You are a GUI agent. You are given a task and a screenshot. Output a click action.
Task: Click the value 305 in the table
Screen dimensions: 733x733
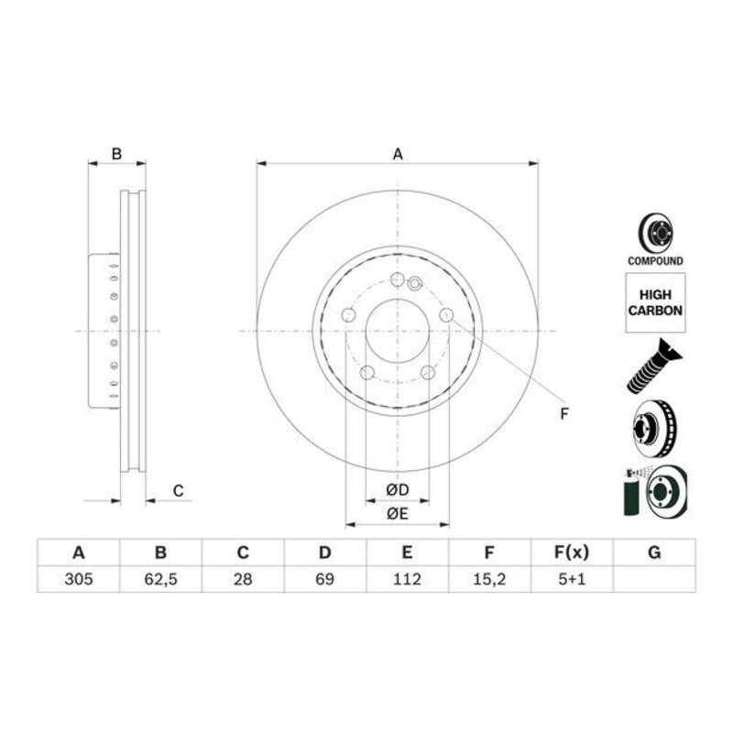78,579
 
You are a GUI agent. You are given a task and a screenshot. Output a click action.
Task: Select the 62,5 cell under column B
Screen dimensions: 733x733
160,579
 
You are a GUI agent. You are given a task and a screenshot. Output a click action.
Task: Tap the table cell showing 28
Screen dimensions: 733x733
243,579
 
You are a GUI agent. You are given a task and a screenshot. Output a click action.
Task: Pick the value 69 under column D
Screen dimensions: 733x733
324,579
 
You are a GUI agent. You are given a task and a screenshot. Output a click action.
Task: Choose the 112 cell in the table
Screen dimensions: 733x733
407,579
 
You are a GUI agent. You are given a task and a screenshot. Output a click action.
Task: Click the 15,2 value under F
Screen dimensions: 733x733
489,579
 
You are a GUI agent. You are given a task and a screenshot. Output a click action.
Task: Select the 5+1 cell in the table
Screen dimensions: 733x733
571,579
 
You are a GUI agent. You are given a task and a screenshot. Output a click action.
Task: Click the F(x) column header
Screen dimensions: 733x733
571,552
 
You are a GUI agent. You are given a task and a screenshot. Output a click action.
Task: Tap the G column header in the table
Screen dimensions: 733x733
653,552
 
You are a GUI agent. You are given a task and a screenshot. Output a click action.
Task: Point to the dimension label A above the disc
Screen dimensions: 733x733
398,155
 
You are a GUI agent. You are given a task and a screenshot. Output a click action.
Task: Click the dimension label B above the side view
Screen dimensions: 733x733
116,154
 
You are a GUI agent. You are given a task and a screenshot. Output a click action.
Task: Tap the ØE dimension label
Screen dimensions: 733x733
397,514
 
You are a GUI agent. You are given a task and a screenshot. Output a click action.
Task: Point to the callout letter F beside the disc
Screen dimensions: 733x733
565,414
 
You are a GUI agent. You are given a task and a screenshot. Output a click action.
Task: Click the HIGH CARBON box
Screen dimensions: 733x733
655,303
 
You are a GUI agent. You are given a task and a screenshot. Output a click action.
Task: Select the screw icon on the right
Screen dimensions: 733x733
651,366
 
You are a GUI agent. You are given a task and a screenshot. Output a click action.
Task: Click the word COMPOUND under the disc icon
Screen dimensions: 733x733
655,261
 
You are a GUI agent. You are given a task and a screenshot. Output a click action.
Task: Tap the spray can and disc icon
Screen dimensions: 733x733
653,493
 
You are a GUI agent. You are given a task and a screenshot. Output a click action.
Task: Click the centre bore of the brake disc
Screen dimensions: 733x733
398,331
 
